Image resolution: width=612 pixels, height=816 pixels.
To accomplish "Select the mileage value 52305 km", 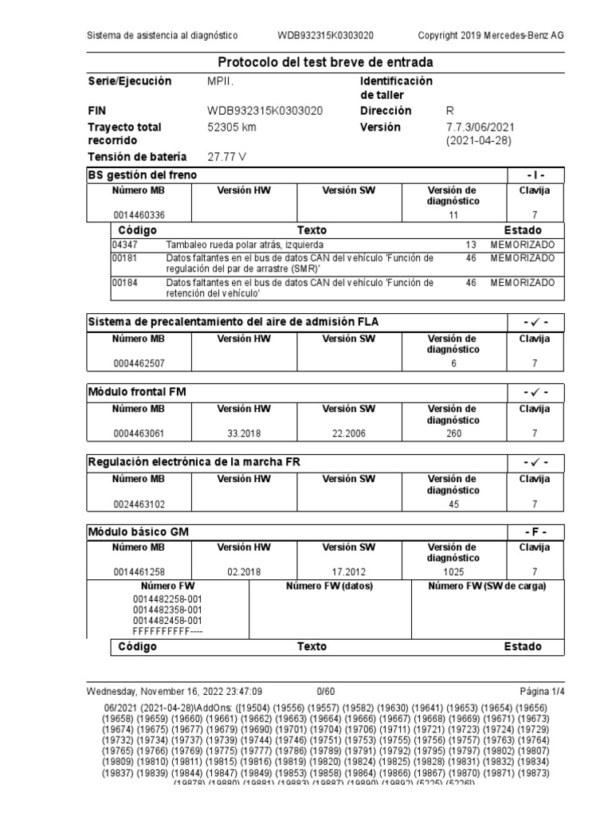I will pos(232,127).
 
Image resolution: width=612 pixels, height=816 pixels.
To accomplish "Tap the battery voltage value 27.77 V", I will pos(227,157).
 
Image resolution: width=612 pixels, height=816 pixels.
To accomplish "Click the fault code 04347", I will pos(124,244).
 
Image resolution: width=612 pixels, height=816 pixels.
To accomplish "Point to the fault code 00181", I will pos(124,258).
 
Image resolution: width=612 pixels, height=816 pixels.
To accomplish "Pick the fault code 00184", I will pos(124,282).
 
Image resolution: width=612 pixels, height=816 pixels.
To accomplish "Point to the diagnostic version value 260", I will pos(453,433).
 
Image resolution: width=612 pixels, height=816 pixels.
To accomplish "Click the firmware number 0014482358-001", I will pos(167,610).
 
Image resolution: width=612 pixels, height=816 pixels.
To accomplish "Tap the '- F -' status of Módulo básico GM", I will pos(535,532).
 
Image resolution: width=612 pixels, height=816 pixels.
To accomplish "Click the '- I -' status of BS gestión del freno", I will pos(535,175).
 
